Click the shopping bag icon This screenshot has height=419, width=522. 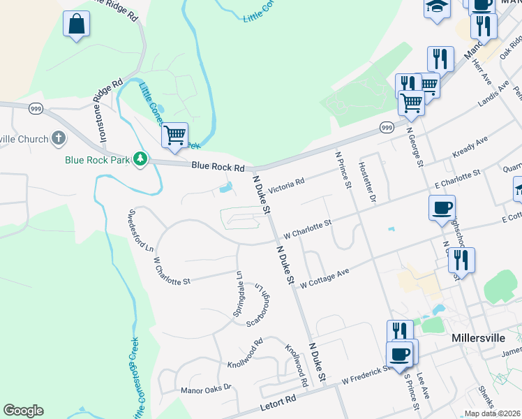click(x=77, y=24)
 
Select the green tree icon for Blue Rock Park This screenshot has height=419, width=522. click(x=141, y=159)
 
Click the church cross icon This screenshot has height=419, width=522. click(x=59, y=138)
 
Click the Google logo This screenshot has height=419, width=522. click(x=23, y=411)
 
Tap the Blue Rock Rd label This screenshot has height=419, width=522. click(x=218, y=168)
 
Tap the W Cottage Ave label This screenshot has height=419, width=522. click(x=325, y=279)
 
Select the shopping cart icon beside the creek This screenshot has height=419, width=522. click(x=174, y=134)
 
